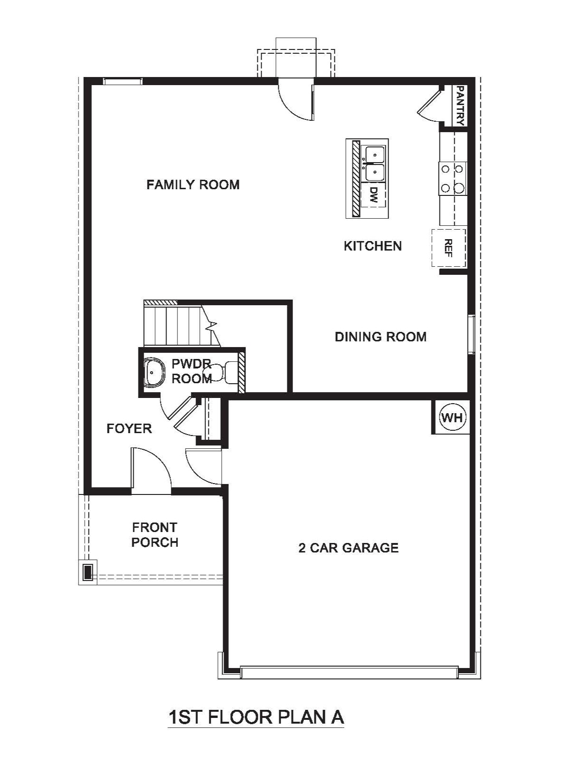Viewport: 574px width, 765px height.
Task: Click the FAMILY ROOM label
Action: coord(193,184)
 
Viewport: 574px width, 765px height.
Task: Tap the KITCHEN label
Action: coord(372,246)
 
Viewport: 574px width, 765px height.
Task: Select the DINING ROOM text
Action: coord(380,337)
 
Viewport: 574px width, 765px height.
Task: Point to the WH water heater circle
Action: coord(453,417)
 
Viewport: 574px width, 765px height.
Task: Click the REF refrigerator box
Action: coord(449,248)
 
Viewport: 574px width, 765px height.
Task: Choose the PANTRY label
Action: coord(460,106)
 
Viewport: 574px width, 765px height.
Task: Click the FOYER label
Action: coord(129,428)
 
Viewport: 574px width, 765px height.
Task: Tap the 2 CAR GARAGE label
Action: coord(349,548)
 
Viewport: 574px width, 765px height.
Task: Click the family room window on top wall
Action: coord(123,81)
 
